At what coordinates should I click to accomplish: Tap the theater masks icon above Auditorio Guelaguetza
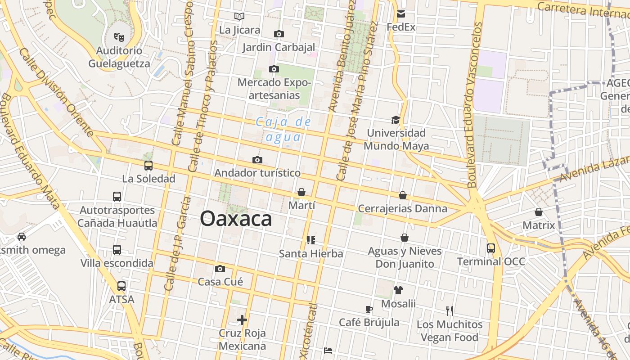pyautogui.click(x=119, y=37)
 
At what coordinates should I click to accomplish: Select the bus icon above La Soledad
pyautogui.click(x=148, y=166)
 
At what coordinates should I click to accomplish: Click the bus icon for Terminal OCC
pyautogui.click(x=490, y=248)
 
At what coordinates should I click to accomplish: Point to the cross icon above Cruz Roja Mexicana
pyautogui.click(x=242, y=320)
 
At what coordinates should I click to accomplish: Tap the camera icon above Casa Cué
pyautogui.click(x=220, y=269)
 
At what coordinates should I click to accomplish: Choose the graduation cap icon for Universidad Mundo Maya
pyautogui.click(x=396, y=120)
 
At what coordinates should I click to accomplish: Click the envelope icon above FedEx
pyautogui.click(x=401, y=14)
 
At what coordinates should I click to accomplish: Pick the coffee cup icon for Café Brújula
pyautogui.click(x=369, y=309)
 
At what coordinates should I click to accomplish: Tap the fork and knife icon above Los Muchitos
pyautogui.click(x=449, y=310)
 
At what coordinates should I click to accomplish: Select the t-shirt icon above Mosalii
pyautogui.click(x=398, y=290)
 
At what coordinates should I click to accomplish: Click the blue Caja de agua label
pyautogui.click(x=283, y=129)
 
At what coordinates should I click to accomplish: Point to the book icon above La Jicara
pyautogui.click(x=239, y=17)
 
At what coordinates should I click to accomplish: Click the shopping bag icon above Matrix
pyautogui.click(x=539, y=212)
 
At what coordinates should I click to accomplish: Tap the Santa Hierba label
pyautogui.click(x=311, y=254)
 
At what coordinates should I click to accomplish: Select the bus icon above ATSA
pyautogui.click(x=121, y=286)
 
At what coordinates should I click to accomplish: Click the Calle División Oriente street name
pyautogui.click(x=57, y=92)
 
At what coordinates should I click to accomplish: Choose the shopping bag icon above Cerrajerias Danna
pyautogui.click(x=403, y=195)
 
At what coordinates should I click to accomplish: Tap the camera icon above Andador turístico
pyautogui.click(x=257, y=160)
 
